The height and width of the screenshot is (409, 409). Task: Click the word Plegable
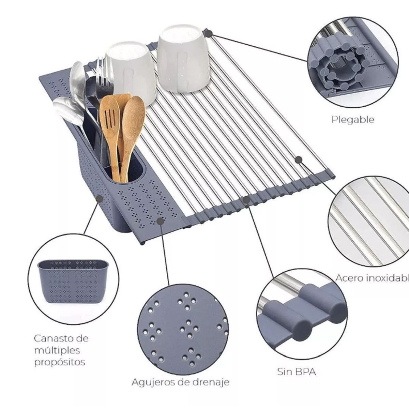[x=353, y=120]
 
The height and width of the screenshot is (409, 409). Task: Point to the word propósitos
[x=60, y=363]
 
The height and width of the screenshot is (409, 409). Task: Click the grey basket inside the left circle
[x=73, y=281]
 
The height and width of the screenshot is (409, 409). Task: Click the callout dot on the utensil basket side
[x=99, y=199]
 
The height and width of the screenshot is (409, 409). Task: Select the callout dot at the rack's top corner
[x=209, y=33]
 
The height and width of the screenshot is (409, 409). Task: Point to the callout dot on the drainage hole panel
[x=160, y=221]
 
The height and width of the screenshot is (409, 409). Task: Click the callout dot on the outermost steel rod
[x=299, y=160]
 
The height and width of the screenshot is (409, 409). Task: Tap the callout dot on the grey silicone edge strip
[x=246, y=199]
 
